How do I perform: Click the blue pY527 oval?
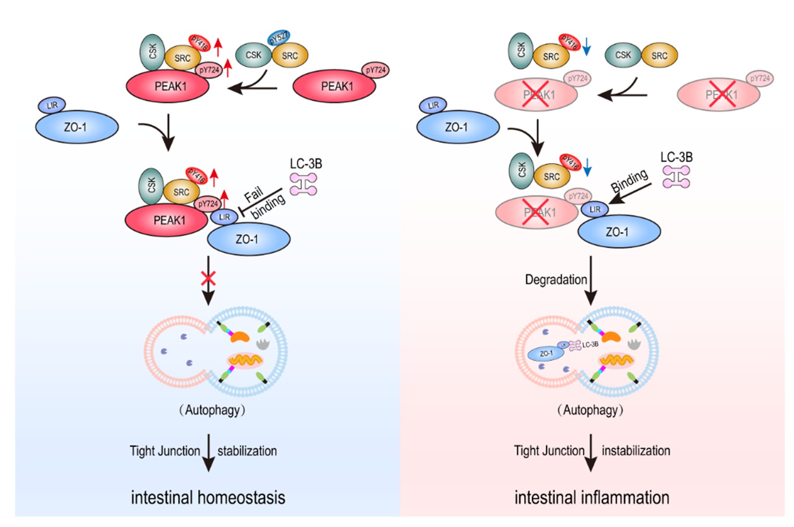279,37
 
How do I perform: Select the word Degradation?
556,280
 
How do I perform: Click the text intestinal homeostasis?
208,498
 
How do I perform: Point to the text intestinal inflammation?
592,498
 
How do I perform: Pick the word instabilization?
636,451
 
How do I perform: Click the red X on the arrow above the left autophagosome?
208,278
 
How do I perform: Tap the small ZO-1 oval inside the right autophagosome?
546,354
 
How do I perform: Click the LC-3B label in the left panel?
306,164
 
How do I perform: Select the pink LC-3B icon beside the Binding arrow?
676,177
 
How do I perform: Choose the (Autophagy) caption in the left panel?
212,410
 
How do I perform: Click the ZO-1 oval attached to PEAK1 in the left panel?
248,239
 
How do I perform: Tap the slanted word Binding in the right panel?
629,181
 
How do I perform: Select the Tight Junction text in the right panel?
549,451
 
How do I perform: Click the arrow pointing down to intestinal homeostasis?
209,453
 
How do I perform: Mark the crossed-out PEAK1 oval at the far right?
718,95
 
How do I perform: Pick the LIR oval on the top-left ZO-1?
52,105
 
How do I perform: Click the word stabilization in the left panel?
247,451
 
